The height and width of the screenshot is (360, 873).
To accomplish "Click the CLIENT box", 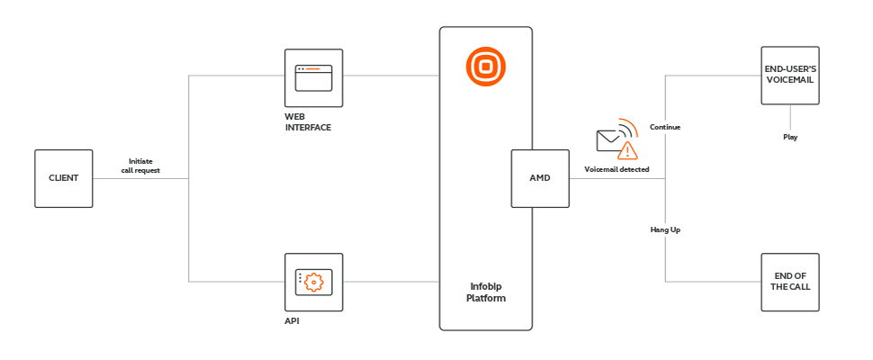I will pos(63,178).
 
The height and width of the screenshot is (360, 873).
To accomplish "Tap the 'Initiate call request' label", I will pos(140,165).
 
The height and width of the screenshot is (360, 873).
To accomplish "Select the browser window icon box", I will pos(313,78).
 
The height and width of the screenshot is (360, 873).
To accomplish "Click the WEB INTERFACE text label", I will pos(308,124).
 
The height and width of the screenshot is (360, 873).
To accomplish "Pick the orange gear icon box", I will pos(313,282).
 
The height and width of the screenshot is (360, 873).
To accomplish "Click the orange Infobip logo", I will pos(486,67).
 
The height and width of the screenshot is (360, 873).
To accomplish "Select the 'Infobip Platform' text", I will pos(486,292).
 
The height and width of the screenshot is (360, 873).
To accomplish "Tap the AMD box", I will pos(539,178).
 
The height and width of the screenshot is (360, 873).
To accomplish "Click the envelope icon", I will pos(610,140).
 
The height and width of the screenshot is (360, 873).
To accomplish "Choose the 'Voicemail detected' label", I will pos(616,169).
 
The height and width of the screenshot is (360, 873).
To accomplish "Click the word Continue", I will pos(665,127).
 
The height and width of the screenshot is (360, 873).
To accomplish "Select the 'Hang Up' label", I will pos(665,229).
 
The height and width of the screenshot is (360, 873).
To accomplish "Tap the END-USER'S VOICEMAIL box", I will pos(790,76).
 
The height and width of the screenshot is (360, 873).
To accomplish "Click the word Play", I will pos(790,137).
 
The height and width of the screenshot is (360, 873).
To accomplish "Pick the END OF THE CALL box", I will pos(790,282).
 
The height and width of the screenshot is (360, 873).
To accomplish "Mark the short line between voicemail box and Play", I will pos(790,117).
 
